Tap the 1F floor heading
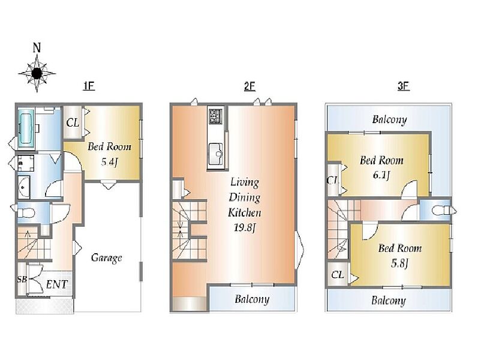[89, 86]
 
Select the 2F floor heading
[249, 86]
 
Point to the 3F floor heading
[403, 86]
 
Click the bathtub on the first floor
[26, 129]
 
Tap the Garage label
[106, 258]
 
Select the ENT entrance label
[57, 284]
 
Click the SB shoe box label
[22, 279]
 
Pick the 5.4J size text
[109, 161]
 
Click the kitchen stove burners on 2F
[216, 116]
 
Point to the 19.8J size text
[245, 227]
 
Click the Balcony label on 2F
[252, 299]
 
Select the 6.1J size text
[381, 175]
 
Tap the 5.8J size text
[399, 263]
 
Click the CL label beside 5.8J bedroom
[337, 275]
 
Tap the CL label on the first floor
[73, 123]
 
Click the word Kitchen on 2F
[245, 212]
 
